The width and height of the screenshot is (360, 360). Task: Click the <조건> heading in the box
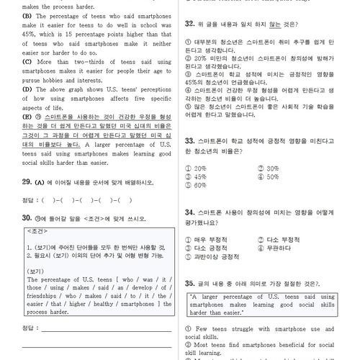(x=37, y=230)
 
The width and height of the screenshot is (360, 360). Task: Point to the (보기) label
(x=37, y=271)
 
